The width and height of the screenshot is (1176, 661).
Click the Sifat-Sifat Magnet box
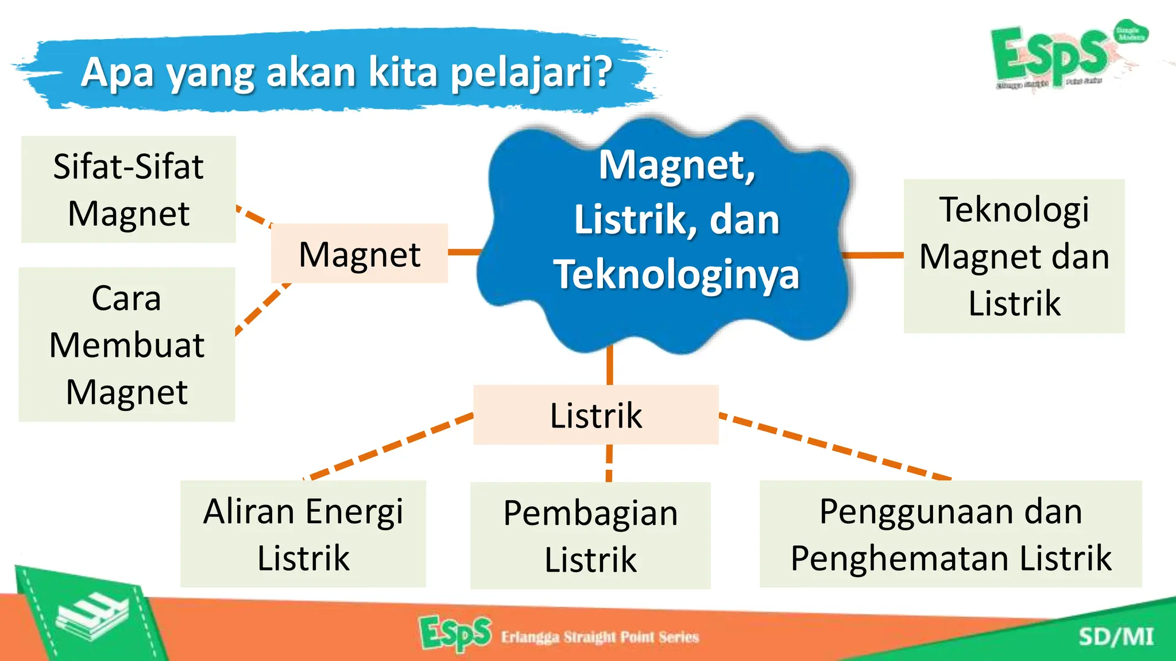pyautogui.click(x=128, y=189)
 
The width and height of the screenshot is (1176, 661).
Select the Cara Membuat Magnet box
pyautogui.click(x=127, y=344)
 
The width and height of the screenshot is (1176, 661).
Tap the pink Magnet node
pyautogui.click(x=359, y=254)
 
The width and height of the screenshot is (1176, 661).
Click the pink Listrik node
pyautogui.click(x=595, y=415)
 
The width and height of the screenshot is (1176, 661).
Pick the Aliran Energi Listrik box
pyautogui.click(x=303, y=534)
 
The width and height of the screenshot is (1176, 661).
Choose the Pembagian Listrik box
pyautogui.click(x=590, y=535)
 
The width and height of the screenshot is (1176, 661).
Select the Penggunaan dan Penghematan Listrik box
pyautogui.click(x=950, y=534)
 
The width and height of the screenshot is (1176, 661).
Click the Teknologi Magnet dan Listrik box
pyautogui.click(x=1014, y=256)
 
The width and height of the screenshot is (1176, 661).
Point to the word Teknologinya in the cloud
pyautogui.click(x=676, y=274)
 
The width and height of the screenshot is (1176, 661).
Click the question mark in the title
pyautogui.click(x=602, y=72)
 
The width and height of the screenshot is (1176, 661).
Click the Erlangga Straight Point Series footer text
pyautogui.click(x=599, y=637)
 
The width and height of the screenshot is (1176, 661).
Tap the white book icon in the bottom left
pyautogui.click(x=92, y=617)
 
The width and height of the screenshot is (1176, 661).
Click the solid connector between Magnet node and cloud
pyautogui.click(x=464, y=252)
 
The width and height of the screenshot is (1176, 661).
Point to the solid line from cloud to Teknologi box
pyautogui.click(x=873, y=255)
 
